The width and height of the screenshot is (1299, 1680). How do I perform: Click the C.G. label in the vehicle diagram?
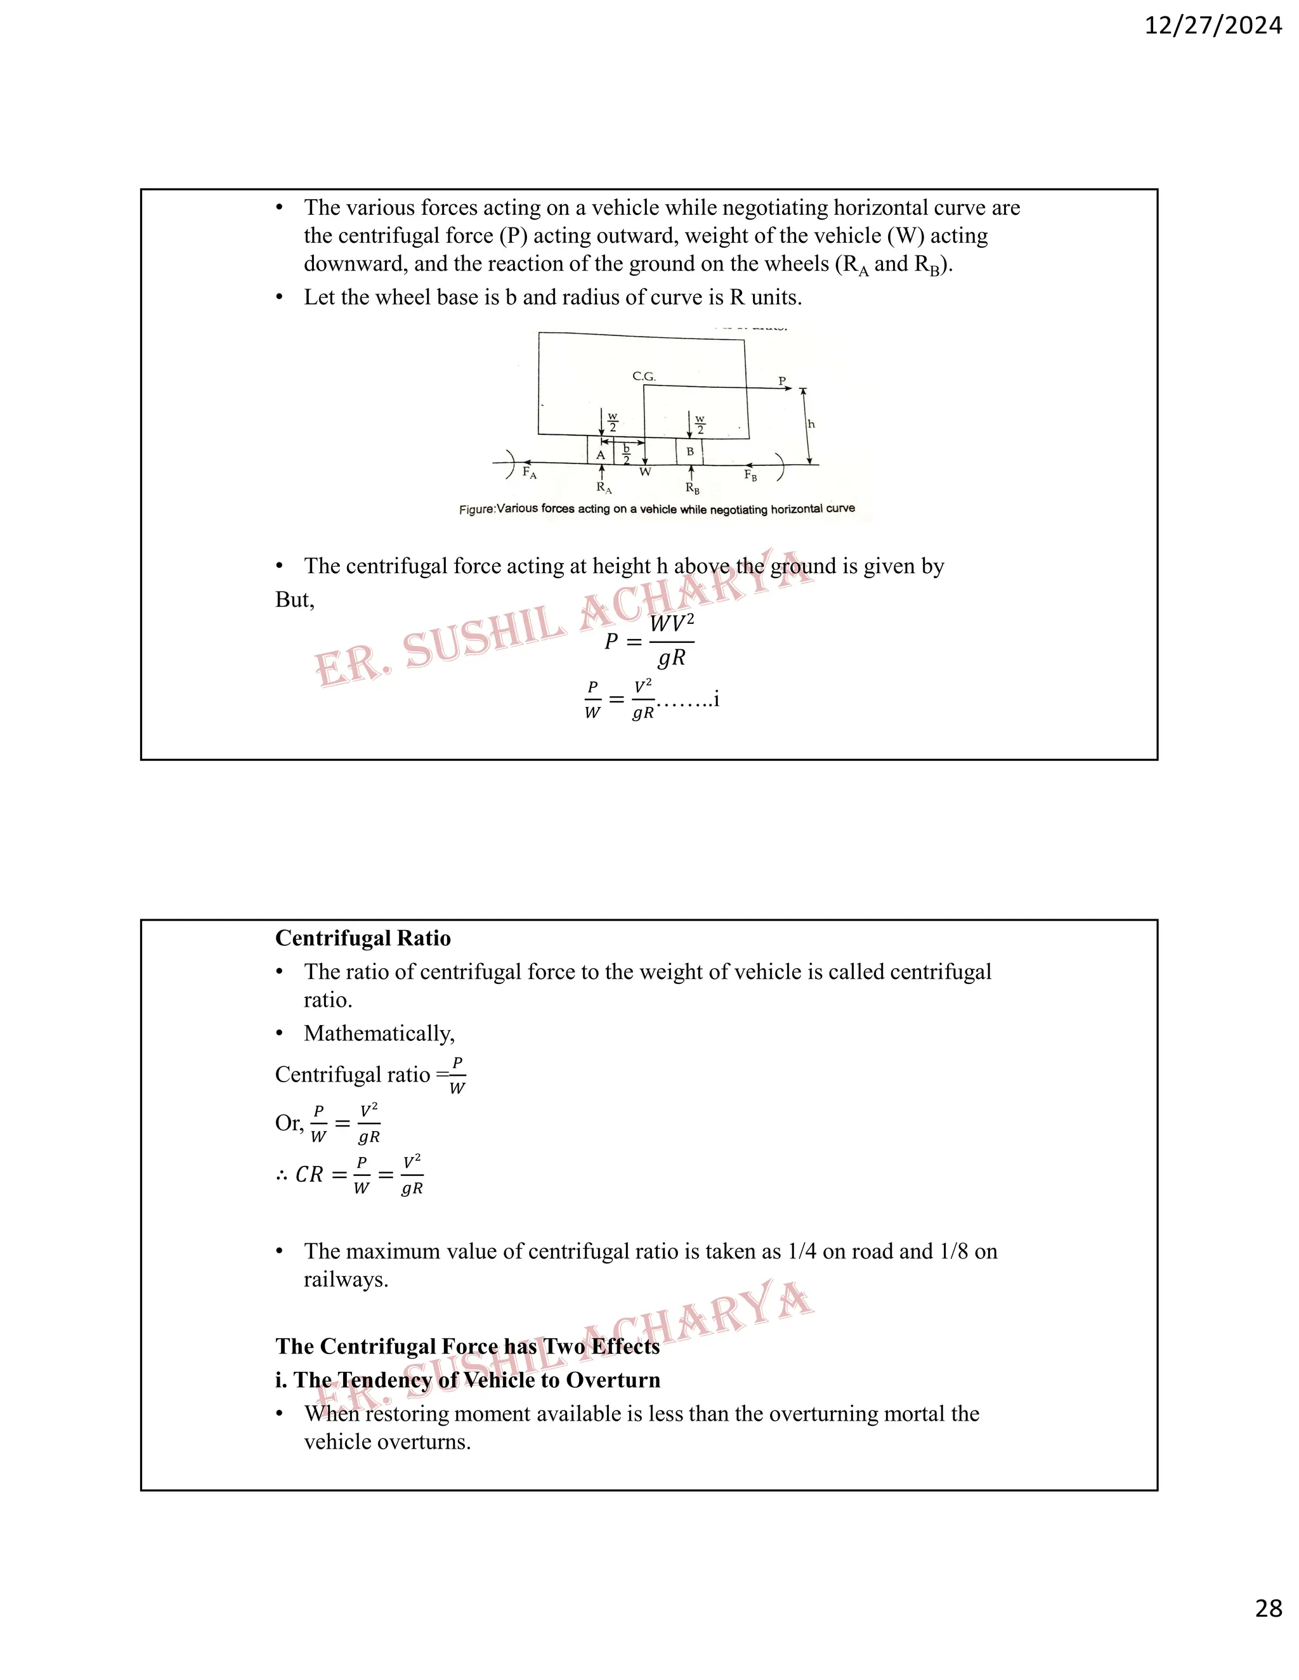(643, 376)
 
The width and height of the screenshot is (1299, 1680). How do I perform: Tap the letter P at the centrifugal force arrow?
(782, 381)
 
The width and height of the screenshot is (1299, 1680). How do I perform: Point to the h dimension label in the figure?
(811, 424)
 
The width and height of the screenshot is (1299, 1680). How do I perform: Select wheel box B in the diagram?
(689, 451)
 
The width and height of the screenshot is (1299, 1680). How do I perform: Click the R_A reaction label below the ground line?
(604, 488)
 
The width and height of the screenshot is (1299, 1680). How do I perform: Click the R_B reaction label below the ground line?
(693, 488)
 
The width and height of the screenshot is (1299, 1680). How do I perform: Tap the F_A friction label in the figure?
(530, 472)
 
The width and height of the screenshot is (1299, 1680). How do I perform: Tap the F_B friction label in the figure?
(750, 475)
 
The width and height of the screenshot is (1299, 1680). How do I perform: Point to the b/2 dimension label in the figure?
(627, 454)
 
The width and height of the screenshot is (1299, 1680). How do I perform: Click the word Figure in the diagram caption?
(476, 510)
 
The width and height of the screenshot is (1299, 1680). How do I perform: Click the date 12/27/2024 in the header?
(1213, 26)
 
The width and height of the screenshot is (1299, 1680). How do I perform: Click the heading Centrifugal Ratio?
(362, 938)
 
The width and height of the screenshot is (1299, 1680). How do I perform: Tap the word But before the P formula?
(293, 600)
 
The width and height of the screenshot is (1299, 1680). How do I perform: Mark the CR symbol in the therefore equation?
(310, 1175)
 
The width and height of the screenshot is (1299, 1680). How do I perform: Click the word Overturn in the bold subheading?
(613, 1380)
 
